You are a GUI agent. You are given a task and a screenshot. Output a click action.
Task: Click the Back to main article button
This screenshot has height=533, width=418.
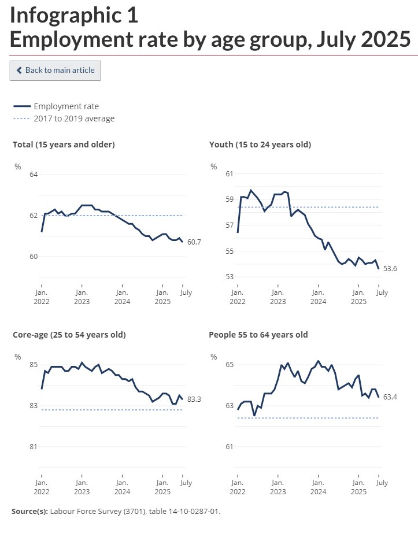pyautogui.click(x=56, y=71)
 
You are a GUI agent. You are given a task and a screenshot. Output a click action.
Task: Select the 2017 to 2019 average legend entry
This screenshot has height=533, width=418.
pyautogui.click(x=74, y=119)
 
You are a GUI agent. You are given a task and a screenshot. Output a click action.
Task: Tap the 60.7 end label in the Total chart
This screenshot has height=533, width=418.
pyautogui.click(x=194, y=242)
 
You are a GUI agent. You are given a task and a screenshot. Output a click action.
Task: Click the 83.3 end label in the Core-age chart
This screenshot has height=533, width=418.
pyautogui.click(x=194, y=399)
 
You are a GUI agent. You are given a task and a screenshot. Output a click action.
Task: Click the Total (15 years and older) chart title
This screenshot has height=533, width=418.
pyautogui.click(x=64, y=145)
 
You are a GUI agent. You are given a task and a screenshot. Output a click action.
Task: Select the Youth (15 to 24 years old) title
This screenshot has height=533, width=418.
pyautogui.click(x=260, y=145)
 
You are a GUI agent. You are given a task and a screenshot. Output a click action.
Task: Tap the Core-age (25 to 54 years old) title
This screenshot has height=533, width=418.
pyautogui.click(x=69, y=335)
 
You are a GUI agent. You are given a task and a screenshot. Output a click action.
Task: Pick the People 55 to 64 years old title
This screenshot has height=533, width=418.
pyautogui.click(x=258, y=335)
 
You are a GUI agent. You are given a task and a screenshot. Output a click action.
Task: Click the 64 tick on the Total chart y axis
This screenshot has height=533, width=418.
pyautogui.click(x=33, y=175)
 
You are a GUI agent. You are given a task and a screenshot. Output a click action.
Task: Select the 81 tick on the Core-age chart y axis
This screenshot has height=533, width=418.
pyautogui.click(x=33, y=447)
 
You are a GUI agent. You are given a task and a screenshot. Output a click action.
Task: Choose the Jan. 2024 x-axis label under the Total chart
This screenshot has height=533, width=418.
pyautogui.click(x=121, y=297)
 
